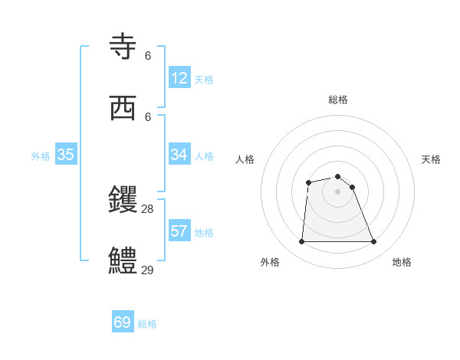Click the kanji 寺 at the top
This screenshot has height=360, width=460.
123,48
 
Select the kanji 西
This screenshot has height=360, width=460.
123,109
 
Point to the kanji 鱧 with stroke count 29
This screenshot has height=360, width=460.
123,260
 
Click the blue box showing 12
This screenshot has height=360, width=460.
179,78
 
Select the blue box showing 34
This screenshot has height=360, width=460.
179,155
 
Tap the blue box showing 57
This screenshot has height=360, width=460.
179,231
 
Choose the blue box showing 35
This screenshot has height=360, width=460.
66,155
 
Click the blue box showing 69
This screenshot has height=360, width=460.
123,322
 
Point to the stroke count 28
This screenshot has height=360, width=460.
148,208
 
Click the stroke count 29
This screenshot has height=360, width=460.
148,269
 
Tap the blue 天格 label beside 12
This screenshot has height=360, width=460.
204,80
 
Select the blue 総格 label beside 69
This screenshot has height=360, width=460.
147,324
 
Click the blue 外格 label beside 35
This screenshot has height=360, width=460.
41,156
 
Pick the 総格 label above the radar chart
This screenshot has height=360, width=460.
338,100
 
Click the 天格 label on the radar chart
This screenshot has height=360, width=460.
431,159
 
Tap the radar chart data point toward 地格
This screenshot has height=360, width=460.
374,242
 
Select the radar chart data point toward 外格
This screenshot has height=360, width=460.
301,242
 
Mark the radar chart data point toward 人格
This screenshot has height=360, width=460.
308,182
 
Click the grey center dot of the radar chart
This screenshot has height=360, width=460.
338,191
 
